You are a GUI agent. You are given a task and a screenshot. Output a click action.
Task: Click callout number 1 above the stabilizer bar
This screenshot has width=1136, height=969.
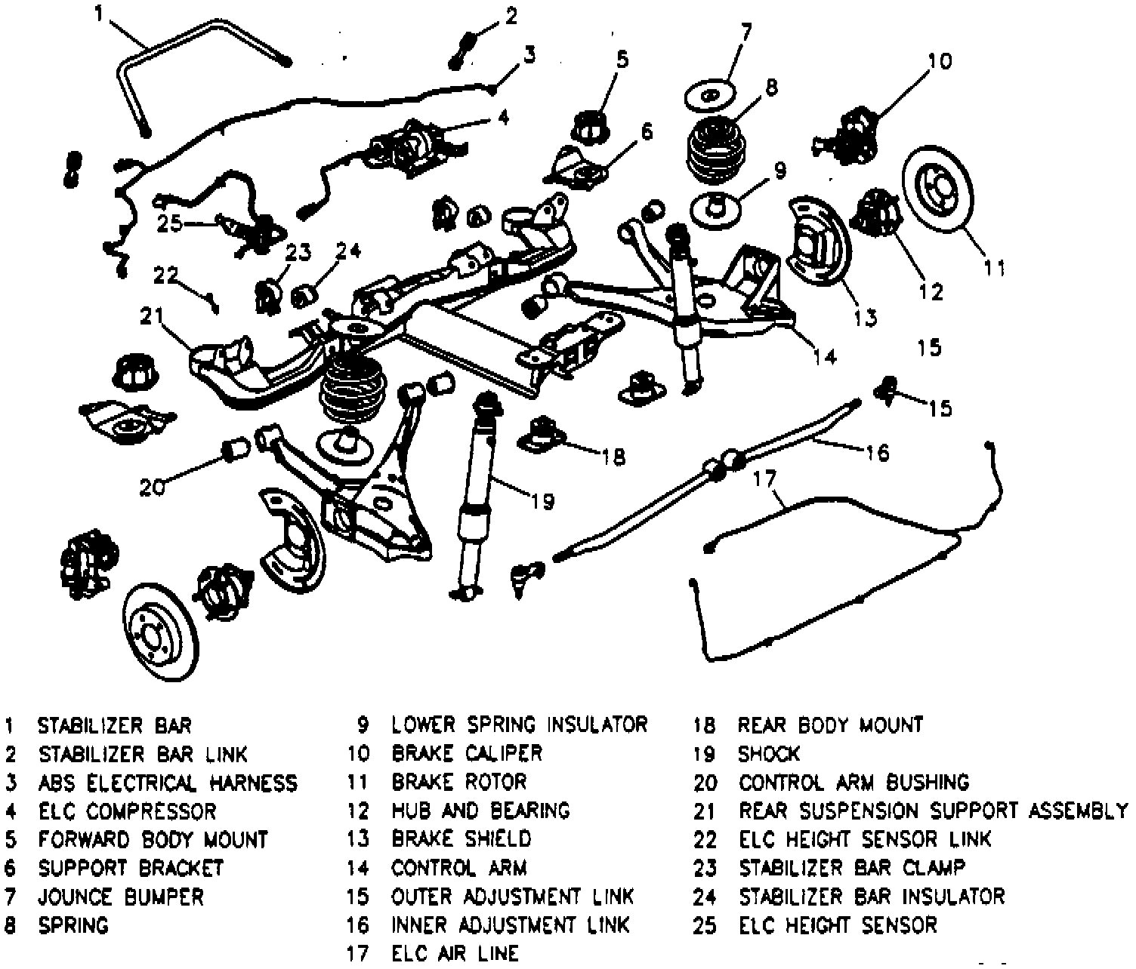tap(99, 13)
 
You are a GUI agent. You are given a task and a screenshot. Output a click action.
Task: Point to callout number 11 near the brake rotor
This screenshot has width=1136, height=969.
tap(994, 268)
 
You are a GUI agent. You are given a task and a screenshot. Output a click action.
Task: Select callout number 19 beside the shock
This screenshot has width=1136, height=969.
tap(542, 500)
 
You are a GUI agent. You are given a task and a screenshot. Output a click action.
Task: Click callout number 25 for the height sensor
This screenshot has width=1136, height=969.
tap(169, 223)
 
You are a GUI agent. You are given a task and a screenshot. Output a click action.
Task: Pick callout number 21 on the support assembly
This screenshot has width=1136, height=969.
tap(152, 316)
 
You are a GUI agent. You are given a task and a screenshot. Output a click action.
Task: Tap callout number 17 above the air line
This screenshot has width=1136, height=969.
tap(764, 478)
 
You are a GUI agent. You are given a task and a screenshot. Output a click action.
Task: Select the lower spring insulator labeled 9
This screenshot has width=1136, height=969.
tap(715, 211)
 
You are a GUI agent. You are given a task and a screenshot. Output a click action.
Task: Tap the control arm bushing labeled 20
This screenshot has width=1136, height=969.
tap(236, 451)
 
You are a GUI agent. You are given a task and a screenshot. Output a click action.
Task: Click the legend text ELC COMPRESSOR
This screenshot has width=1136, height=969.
tap(128, 811)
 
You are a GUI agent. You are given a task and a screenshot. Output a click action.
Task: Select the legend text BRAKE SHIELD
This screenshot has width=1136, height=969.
tap(461, 839)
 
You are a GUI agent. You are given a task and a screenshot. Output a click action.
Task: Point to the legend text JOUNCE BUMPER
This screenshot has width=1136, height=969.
tap(121, 897)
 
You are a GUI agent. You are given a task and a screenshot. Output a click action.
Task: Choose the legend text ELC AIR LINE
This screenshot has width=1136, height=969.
tap(455, 954)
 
